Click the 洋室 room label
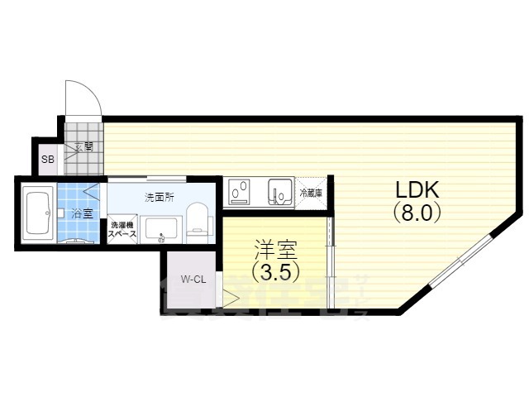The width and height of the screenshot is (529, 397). click(274, 247)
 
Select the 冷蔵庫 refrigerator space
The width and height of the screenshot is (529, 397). click(312, 193)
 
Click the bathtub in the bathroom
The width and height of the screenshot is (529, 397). click(38, 214)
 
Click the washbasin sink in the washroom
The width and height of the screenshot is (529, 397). click(159, 228)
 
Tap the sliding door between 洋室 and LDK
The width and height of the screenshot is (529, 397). click(330, 256)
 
